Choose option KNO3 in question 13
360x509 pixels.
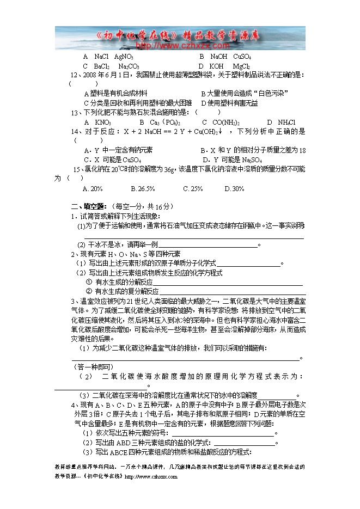click(x=102, y=122)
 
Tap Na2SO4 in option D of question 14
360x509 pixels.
click(x=251, y=160)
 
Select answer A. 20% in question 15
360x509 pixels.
click(x=92, y=188)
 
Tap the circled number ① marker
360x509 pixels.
click(x=89, y=282)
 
